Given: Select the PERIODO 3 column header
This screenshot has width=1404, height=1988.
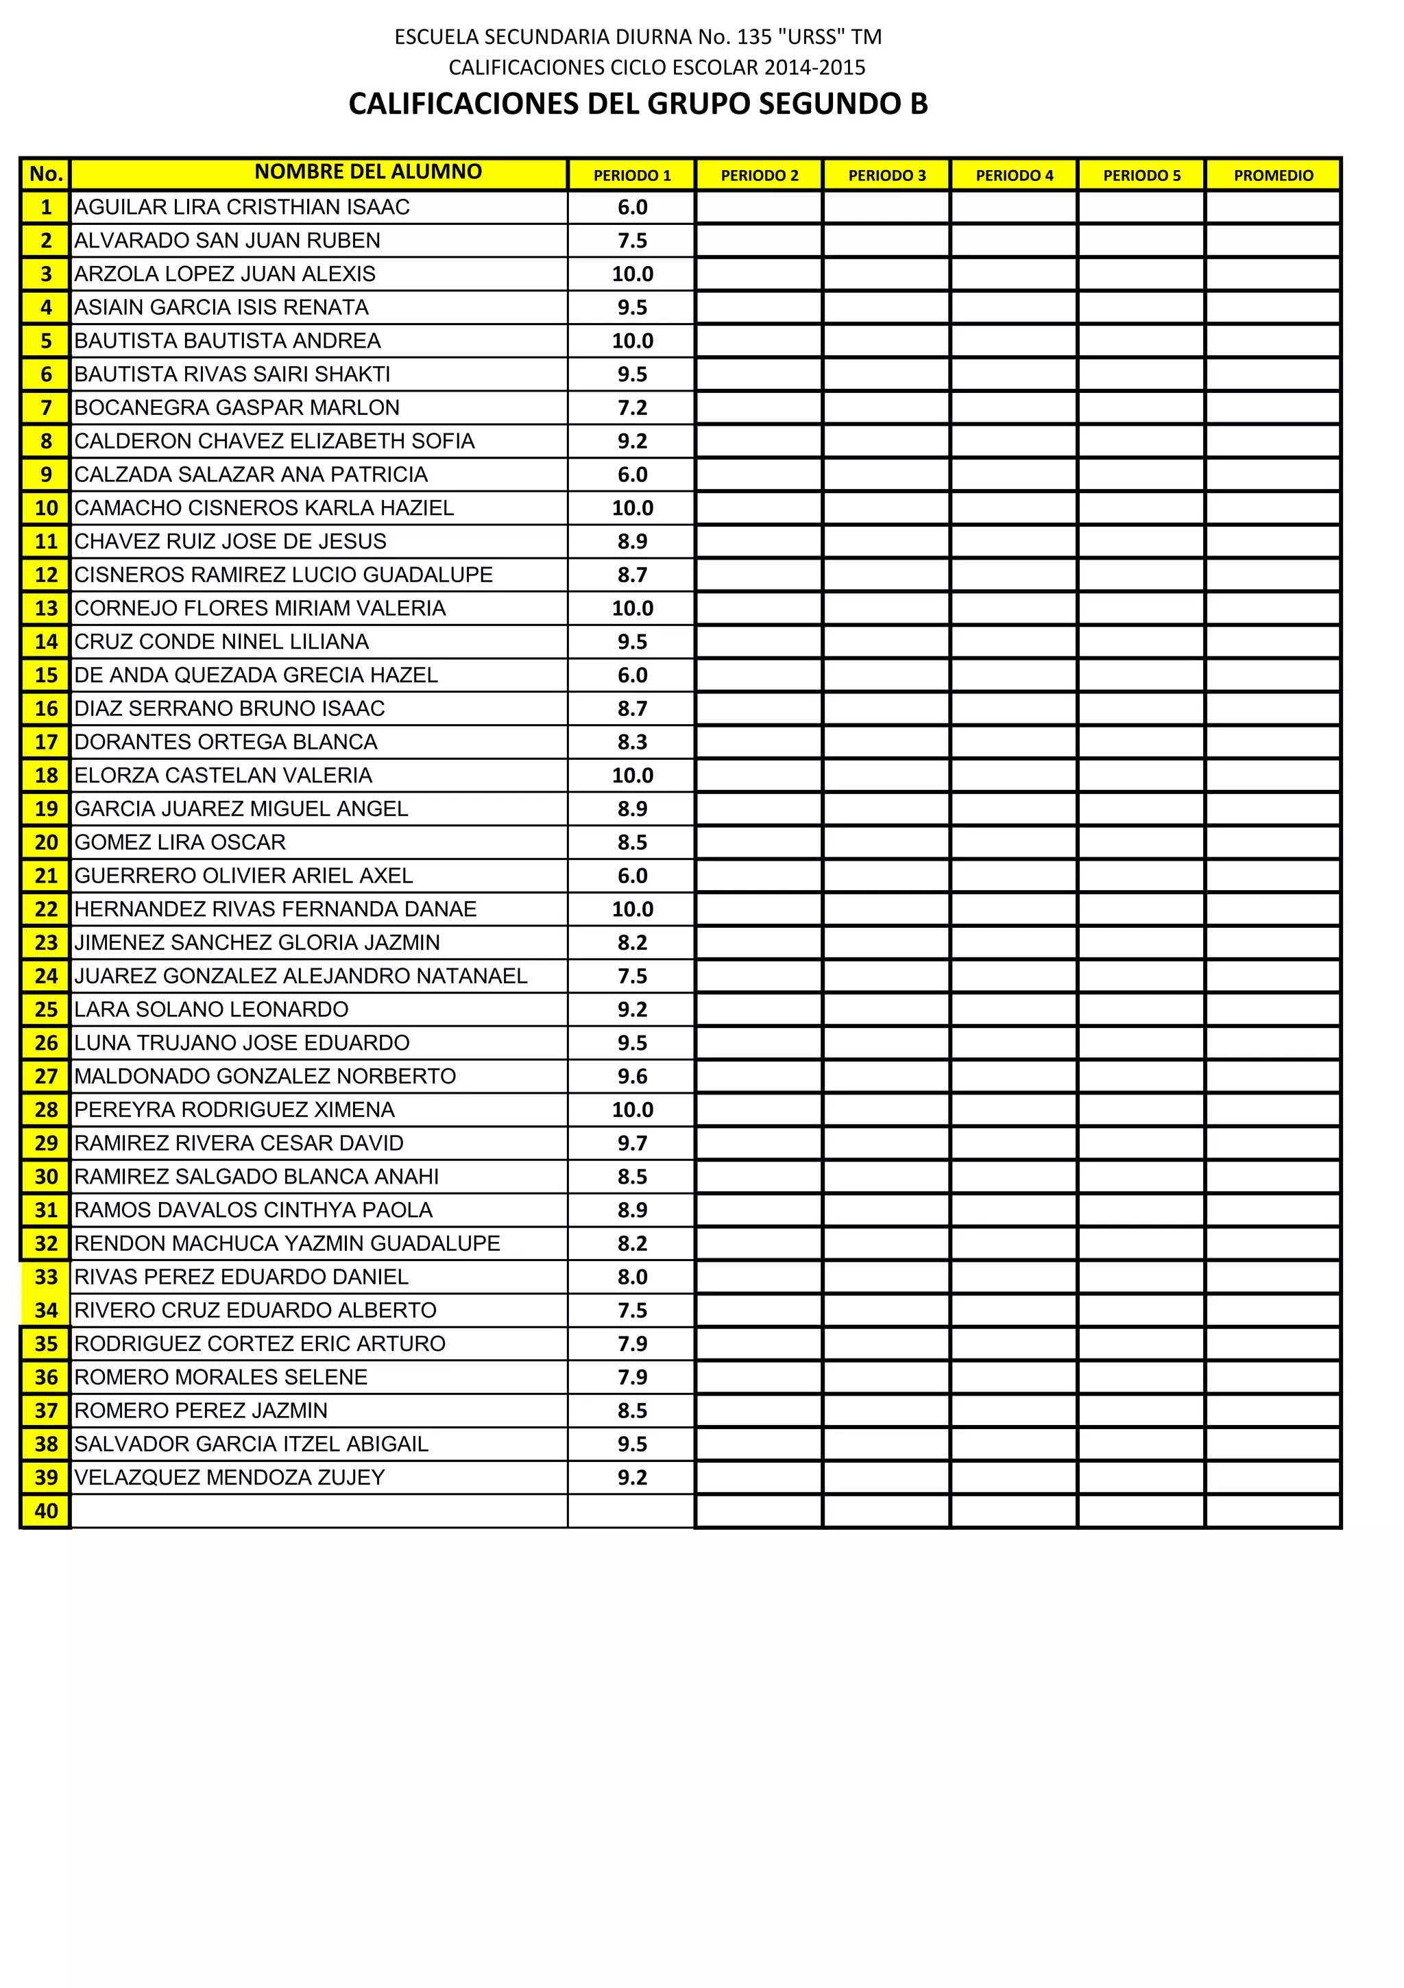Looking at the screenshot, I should point(886,175).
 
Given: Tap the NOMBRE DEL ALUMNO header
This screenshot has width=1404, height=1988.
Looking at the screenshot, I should point(368,171).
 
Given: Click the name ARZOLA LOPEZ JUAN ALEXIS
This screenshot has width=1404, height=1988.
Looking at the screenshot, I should point(225,274).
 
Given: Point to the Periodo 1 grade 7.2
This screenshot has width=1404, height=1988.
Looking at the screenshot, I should point(632,408).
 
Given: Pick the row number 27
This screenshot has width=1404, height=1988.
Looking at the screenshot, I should point(46,1076).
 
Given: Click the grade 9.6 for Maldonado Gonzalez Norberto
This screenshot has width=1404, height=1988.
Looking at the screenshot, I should point(632,1076).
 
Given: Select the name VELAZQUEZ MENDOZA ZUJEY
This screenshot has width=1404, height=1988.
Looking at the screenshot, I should point(230,1477).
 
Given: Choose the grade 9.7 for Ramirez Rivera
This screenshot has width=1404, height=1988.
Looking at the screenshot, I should point(632,1143).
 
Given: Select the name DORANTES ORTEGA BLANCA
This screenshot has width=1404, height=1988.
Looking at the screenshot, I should point(226,742).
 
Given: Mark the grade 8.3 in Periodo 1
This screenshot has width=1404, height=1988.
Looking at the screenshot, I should point(632,742).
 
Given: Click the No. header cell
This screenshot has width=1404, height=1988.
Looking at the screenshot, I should point(46,174).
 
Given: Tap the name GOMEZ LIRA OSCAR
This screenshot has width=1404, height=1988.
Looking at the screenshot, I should point(180,843).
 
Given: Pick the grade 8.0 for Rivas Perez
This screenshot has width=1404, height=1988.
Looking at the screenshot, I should point(632,1277).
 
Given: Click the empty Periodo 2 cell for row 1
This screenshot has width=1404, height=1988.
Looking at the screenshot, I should point(758,208).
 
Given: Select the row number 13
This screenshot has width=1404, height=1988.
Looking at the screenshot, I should point(46,609).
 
